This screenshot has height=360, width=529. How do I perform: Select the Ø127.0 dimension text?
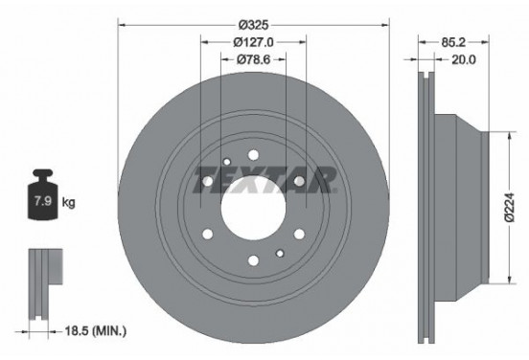pyautogui.click(x=254, y=41)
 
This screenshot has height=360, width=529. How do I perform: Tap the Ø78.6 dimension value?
pyautogui.click(x=254, y=61)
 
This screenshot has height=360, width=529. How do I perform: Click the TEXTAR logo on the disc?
pyautogui.click(x=265, y=179)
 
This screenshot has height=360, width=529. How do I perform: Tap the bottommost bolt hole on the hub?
pyautogui.click(x=253, y=258)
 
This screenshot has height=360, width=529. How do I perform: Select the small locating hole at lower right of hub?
pyautogui.click(x=279, y=252)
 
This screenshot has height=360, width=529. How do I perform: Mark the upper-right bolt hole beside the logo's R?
pyautogui.click(x=299, y=180)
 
